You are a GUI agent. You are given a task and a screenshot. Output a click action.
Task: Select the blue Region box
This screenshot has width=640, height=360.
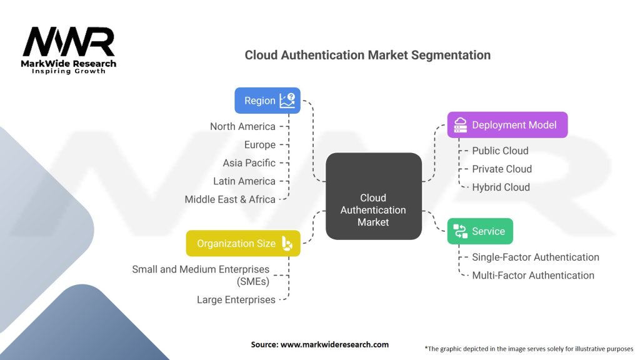click(267, 101)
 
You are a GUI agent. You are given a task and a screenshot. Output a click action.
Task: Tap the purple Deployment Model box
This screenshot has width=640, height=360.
click(507, 125)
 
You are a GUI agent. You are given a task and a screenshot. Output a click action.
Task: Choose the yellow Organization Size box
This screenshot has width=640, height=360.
click(243, 243)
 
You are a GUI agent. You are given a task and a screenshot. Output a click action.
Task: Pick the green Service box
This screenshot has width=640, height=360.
click(480, 231)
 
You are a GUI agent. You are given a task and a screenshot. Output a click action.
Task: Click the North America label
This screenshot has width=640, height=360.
click(242, 126)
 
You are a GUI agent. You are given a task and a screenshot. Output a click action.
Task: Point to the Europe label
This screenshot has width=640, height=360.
click(260, 144)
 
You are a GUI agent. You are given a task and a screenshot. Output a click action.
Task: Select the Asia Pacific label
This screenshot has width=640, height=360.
click(249, 162)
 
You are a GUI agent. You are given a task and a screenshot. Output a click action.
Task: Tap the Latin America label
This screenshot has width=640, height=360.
click(243, 181)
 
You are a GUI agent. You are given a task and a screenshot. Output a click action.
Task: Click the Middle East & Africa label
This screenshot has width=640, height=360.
click(230, 199)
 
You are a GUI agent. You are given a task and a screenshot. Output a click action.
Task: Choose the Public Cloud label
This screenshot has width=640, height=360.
click(500, 151)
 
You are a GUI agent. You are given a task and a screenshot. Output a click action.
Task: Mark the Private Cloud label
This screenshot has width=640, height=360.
click(502, 169)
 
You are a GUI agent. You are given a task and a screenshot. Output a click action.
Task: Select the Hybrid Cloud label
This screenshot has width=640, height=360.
click(501, 187)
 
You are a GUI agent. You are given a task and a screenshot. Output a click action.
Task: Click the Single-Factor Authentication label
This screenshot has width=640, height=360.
click(536, 257)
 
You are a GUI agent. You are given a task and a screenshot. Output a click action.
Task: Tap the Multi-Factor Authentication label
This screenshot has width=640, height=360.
click(533, 275)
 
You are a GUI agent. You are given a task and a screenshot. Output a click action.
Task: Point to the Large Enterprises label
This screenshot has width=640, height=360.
click(236, 299)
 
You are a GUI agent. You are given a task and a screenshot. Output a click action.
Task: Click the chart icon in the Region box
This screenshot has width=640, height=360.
click(287, 101)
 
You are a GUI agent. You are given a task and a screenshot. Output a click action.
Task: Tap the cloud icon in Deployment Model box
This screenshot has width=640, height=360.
click(460, 125)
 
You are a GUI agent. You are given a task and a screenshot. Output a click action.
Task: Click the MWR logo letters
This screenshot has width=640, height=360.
click(69, 42)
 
